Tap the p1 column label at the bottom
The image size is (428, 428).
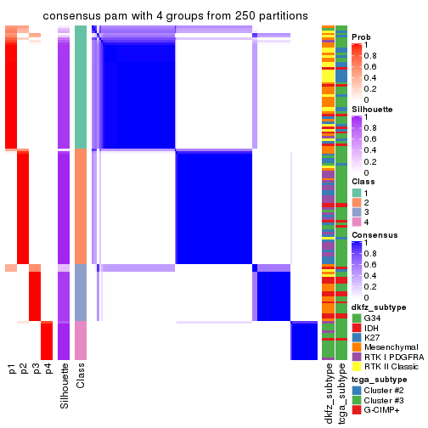point(12,369)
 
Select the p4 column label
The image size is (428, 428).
point(48,369)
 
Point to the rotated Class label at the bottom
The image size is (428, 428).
point(81,375)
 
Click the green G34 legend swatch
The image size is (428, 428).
point(357,318)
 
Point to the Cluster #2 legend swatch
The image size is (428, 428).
point(357,392)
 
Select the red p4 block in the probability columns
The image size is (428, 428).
point(48,341)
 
